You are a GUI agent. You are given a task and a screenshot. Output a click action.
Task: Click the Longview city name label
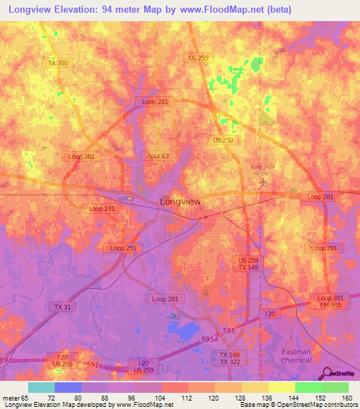pyautogui.click(x=181, y=201)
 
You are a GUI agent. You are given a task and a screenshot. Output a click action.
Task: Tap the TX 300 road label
pyautogui.click(x=58, y=63)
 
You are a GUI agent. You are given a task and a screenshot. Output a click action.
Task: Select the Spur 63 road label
pyautogui.click(x=158, y=156)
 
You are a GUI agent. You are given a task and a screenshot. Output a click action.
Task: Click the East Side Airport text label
pyautogui.click(x=264, y=169)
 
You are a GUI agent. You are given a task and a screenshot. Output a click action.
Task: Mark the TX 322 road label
pyautogui.click(x=229, y=362)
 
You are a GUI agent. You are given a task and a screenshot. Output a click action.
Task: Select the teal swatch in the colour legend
pyautogui.click(x=41, y=388)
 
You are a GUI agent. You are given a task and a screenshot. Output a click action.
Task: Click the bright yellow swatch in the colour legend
pyautogui.click(x=281, y=388)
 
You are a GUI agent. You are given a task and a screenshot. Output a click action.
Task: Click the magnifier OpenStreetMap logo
pyautogui.click(x=328, y=372)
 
